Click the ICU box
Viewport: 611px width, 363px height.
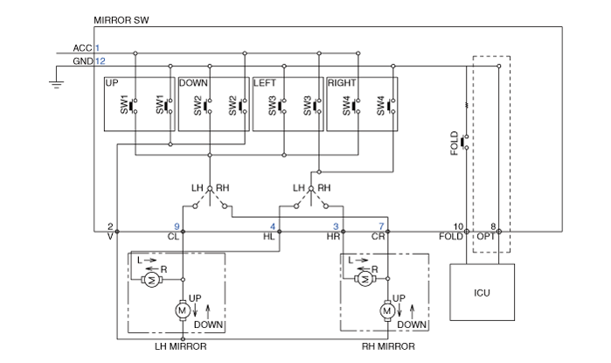482,292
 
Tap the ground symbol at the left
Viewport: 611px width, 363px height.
57,84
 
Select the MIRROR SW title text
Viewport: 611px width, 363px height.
122,20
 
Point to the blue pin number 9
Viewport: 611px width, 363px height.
177,227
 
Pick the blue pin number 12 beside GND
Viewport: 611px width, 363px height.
101,61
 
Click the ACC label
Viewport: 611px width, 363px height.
83,48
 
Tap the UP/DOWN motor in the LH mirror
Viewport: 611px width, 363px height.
182,311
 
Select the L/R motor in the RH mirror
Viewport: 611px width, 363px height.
365,279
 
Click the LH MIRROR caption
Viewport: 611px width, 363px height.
181,346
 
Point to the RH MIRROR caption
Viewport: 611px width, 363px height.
388,346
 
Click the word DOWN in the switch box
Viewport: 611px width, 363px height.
193,83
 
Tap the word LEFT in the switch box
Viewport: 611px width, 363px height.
265,83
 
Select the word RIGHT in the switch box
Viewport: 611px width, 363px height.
342,83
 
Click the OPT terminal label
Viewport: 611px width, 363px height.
486,237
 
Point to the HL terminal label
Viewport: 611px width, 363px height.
269,237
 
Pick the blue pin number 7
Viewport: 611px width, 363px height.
381,227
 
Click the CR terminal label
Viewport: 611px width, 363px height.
378,237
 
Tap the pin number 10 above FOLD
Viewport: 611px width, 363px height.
458,227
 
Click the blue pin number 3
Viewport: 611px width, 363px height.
336,227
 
